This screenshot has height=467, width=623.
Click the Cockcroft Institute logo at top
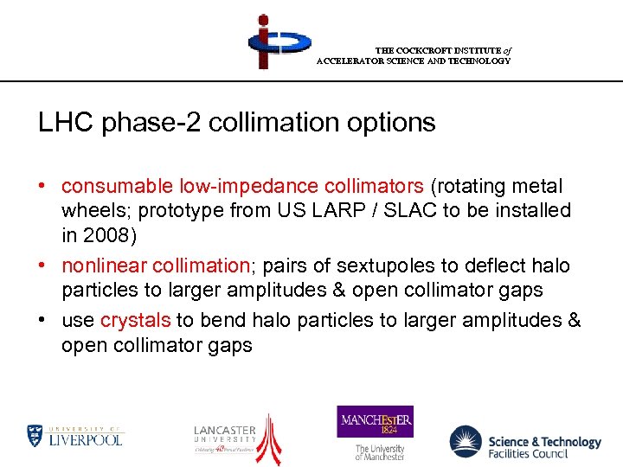[x=277, y=41]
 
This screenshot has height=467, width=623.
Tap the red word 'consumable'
[x=118, y=186]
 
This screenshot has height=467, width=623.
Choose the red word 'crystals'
[x=135, y=320]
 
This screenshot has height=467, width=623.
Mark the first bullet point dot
[x=42, y=187]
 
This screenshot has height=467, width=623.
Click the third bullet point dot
[x=42, y=321]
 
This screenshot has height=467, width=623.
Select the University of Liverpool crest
[x=35, y=435]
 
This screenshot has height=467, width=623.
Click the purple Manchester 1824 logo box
[x=375, y=421]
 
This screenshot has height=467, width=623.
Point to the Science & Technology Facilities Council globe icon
[x=466, y=441]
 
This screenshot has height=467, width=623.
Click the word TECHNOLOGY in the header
[x=479, y=61]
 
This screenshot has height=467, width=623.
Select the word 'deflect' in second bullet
[x=485, y=265]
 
